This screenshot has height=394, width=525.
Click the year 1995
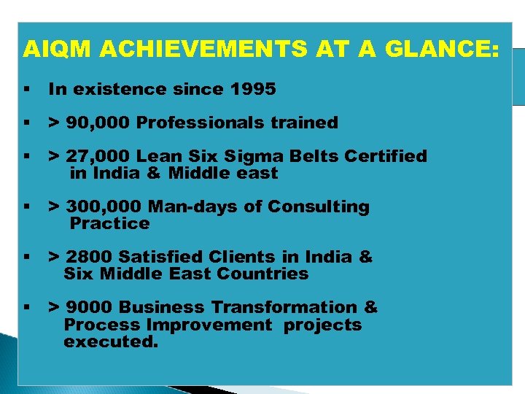click(253, 90)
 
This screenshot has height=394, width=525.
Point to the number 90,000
click(98, 123)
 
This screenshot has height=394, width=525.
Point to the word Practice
click(109, 223)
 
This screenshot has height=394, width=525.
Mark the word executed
click(110, 341)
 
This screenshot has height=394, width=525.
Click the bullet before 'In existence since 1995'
click(26, 90)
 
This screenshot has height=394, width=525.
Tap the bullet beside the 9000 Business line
click(26, 308)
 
